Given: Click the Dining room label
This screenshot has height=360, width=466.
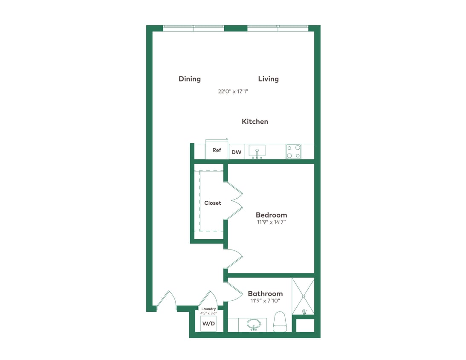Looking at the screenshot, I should click(189, 79).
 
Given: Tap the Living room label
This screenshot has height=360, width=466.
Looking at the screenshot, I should click(268, 79).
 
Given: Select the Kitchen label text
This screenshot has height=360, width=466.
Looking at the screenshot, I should click(255, 122).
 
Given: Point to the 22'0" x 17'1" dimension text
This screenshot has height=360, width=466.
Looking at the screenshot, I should click(233, 91).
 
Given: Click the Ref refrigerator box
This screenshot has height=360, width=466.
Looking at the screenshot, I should click(217, 150).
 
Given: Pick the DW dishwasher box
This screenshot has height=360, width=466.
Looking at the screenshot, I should click(236, 152).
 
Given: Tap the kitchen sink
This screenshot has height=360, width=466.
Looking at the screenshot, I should click(257, 151).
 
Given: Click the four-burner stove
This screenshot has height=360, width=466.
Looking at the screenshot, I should click(293, 151).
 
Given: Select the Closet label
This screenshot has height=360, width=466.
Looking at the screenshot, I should click(212, 203).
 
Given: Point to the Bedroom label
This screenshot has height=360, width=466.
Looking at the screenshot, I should click(271, 215).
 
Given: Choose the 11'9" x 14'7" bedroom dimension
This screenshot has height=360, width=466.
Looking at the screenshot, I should click(270, 222).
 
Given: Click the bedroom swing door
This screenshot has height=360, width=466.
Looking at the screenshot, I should click(234, 258).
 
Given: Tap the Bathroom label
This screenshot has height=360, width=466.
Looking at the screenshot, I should click(265, 293).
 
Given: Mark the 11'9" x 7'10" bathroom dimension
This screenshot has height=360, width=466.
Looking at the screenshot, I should click(265, 301).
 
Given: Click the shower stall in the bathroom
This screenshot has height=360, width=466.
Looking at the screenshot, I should click(303, 296).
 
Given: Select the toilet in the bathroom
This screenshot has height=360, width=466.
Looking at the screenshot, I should click(280, 322).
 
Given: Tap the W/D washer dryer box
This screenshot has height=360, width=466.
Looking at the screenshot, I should click(208, 324).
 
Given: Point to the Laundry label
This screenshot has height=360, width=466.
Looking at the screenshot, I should click(208, 309).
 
